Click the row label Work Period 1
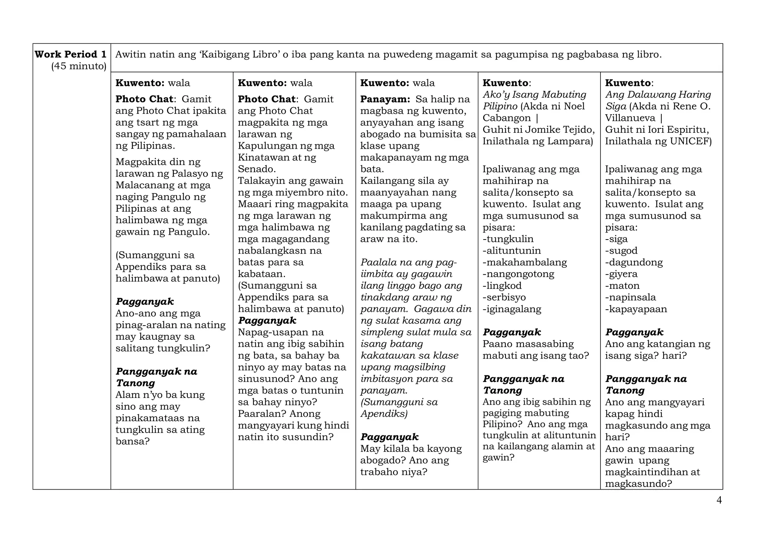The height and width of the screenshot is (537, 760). point(71,55)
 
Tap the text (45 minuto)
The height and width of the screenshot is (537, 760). point(79,66)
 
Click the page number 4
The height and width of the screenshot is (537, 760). point(719,501)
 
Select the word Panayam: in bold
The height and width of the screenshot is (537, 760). point(385,99)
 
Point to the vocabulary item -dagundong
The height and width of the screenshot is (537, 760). point(634,263)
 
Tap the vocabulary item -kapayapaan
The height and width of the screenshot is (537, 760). point(636,309)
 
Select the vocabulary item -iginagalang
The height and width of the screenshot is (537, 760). point(512,309)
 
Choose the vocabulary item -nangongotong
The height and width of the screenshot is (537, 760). point(518,274)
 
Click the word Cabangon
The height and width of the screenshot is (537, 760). point(507,118)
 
